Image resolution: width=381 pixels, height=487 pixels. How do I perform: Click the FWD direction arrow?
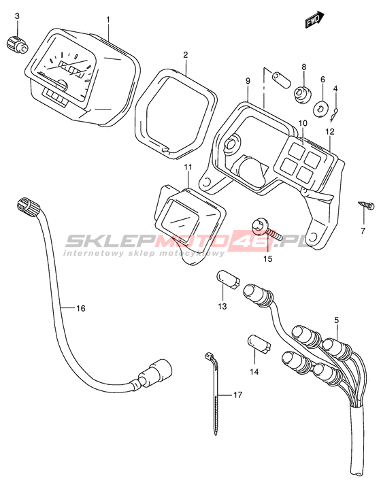coord(314,20)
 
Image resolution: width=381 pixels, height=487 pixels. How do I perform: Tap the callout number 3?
coord(18,16)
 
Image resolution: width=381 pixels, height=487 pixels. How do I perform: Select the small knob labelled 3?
coord(17,45)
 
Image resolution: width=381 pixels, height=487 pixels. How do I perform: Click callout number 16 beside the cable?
coord(80,308)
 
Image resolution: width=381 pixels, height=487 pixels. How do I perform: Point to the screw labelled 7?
coord(366,206)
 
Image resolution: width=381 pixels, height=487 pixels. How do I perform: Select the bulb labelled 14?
coord(259,344)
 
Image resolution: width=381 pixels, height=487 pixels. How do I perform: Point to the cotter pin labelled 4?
coord(335,114)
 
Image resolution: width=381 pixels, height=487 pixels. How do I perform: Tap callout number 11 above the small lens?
coord(188,167)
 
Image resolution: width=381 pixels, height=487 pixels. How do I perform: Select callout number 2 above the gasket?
coord(186,55)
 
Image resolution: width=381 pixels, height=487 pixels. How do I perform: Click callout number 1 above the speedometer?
coord(108,20)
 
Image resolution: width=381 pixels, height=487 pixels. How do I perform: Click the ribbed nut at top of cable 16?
coord(28,205)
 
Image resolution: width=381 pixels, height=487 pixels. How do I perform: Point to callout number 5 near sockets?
coord(337,320)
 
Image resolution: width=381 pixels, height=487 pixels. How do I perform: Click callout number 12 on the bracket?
coord(330,132)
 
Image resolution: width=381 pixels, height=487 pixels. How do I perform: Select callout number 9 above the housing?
coord(248,81)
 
